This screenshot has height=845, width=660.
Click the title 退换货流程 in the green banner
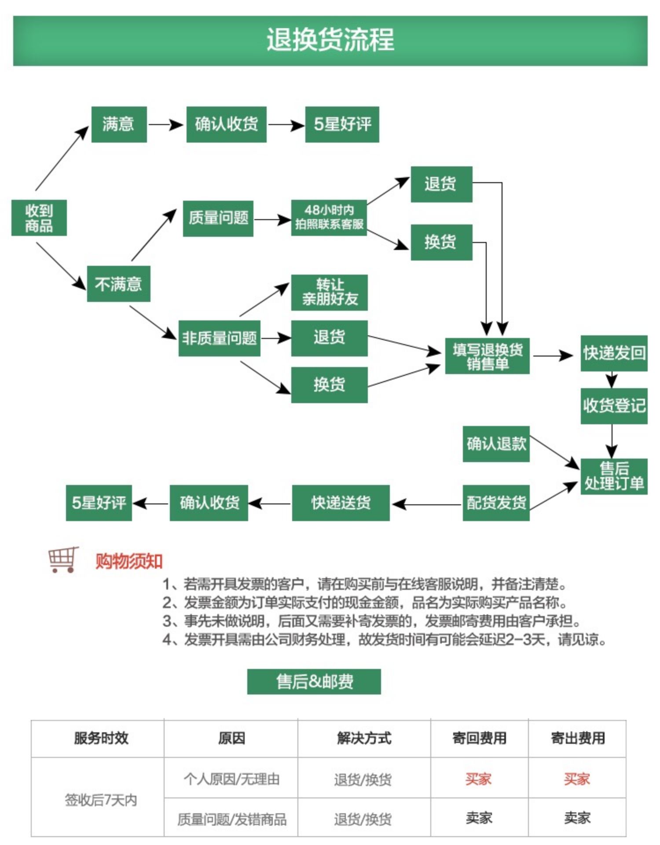[330, 40]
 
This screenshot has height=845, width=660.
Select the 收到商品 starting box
[39, 218]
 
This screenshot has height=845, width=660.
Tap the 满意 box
[119, 124]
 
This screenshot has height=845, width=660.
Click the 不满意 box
[118, 284]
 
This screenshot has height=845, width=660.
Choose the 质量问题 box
[218, 218]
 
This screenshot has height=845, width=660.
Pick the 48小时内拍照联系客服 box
[329, 217]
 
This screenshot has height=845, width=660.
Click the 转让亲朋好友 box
[330, 292]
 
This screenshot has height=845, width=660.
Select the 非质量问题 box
[219, 338]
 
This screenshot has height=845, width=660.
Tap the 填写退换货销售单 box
[488, 356]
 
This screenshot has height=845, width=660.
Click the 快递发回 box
[614, 353]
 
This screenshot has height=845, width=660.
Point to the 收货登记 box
[614, 406]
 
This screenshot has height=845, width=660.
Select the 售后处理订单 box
[614, 476]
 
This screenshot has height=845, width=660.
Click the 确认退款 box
[496, 444]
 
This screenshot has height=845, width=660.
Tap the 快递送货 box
[341, 503]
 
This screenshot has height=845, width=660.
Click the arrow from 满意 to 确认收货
[166, 125]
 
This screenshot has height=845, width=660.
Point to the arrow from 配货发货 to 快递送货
[427, 504]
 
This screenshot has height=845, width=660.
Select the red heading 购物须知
[129, 562]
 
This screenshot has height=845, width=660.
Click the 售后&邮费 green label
[314, 682]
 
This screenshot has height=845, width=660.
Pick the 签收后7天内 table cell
[101, 800]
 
